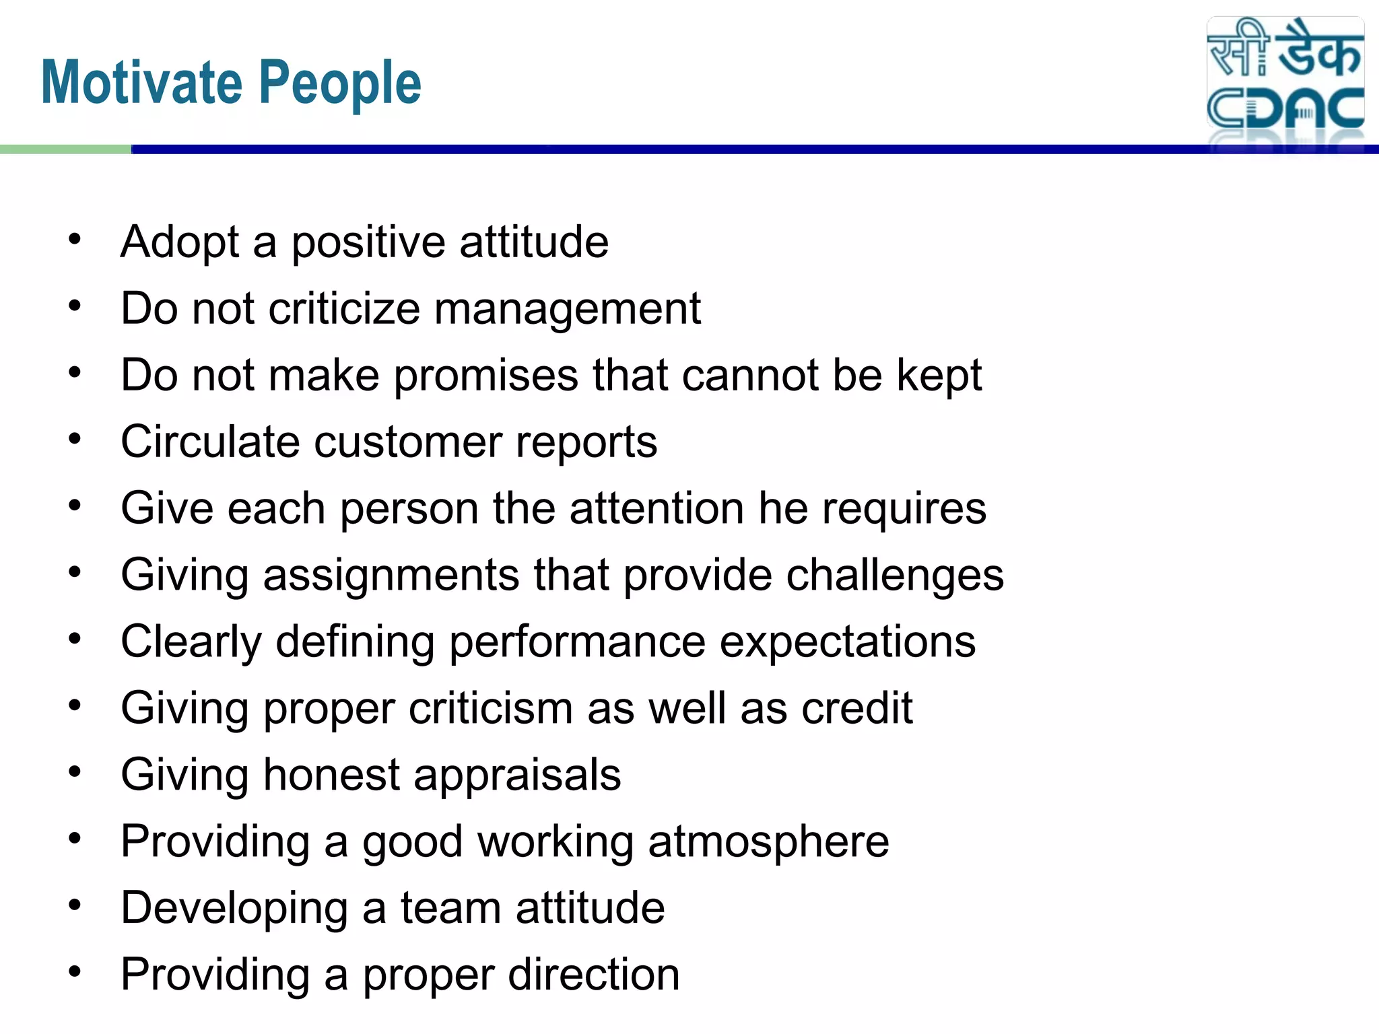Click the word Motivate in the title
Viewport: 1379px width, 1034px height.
point(142,83)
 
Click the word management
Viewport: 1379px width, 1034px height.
point(568,309)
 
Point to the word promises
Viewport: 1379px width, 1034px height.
point(485,376)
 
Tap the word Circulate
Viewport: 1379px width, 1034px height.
point(209,442)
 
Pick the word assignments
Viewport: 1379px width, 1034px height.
point(391,576)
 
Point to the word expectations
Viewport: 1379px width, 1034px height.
point(848,642)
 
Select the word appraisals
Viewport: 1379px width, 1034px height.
point(517,775)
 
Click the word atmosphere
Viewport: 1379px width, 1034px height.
point(768,841)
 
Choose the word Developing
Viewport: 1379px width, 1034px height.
point(234,909)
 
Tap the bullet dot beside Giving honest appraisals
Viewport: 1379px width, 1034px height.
point(75,772)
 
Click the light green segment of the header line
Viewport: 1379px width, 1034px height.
point(65,149)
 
